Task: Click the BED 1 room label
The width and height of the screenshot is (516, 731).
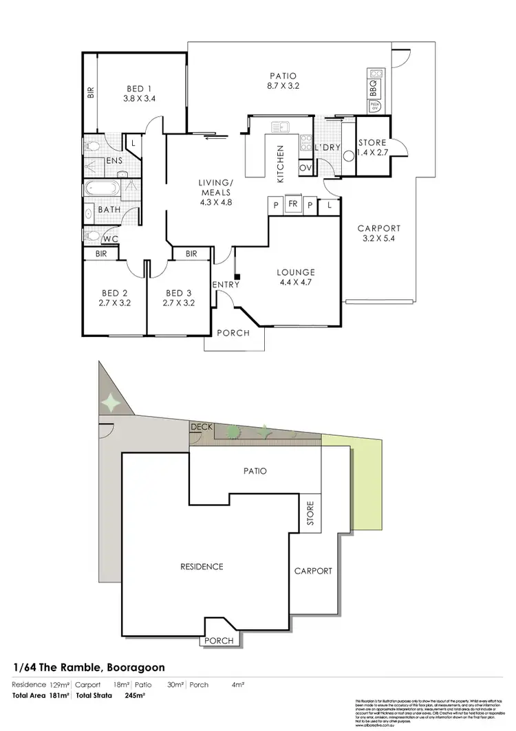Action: coord(139,88)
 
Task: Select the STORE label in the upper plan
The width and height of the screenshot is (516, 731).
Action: coord(373,143)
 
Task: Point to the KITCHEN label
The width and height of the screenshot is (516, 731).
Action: coord(281,164)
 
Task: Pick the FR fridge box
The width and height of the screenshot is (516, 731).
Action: coord(293,205)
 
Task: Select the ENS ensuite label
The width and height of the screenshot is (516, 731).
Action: coord(114,162)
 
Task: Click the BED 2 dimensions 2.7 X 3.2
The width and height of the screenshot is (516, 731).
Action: coord(115,302)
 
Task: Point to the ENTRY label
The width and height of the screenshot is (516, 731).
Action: coord(225,285)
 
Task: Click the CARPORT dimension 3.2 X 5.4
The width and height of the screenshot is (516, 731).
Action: coord(380,239)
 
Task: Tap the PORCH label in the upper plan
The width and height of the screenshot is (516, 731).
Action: coord(233,334)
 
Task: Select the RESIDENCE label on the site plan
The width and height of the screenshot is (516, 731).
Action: coord(202,567)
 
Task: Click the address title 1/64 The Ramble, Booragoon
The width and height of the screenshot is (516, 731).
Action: coord(89,668)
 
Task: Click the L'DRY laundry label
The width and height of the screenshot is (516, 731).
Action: coord(325,148)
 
